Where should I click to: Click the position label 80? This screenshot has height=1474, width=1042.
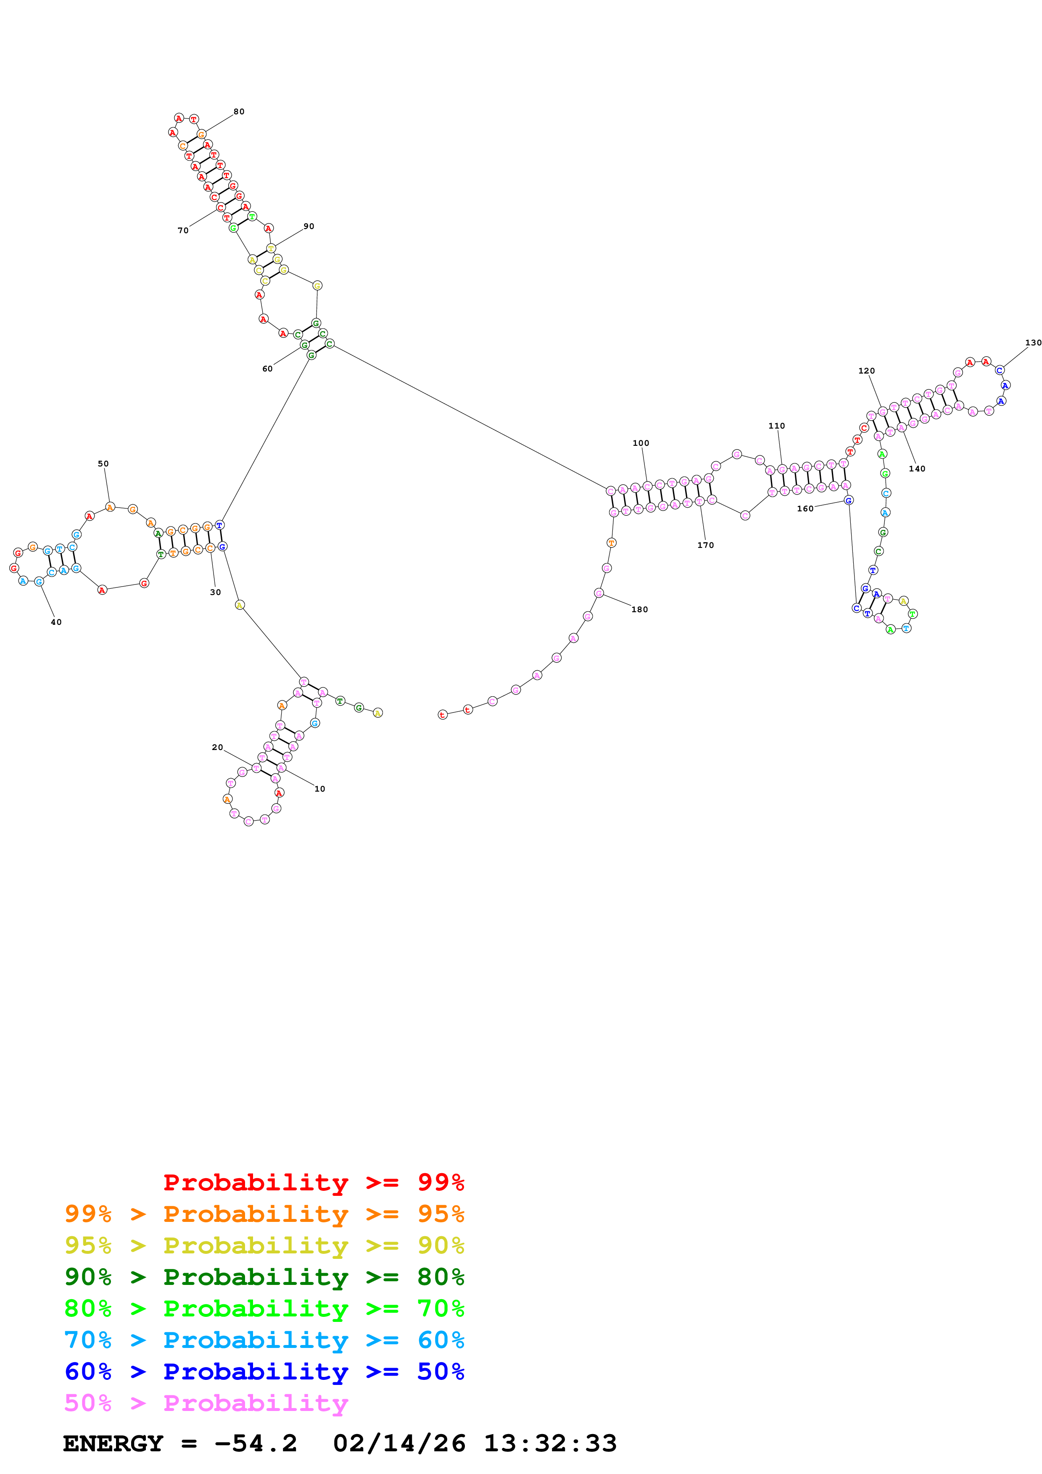(x=239, y=112)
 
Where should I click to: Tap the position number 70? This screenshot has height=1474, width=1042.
(x=183, y=231)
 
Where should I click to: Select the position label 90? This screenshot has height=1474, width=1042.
(x=309, y=226)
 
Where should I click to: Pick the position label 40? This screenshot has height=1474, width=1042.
(x=56, y=622)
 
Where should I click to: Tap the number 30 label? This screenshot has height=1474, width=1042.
(x=216, y=592)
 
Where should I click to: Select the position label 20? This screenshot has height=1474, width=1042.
(x=218, y=747)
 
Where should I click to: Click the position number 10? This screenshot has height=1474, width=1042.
(x=320, y=789)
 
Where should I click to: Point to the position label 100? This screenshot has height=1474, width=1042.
(x=641, y=443)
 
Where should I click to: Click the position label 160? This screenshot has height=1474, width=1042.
(x=805, y=508)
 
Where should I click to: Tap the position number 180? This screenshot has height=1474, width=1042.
(x=639, y=609)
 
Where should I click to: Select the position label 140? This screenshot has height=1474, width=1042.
(x=917, y=469)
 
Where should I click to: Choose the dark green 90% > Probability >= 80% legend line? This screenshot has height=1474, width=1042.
(x=264, y=1277)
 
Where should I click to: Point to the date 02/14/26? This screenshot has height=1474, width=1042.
(x=399, y=1443)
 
